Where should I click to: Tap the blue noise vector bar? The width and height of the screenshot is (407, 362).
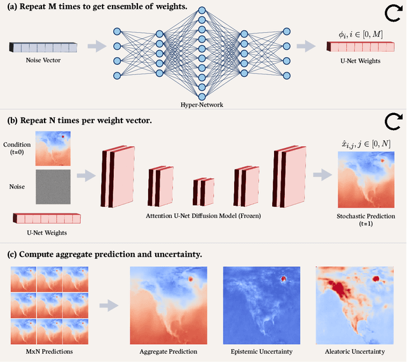coord(43,48)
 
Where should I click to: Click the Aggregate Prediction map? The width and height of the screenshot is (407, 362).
coord(168,305)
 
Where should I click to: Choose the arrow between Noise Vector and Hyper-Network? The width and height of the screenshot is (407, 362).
coord(97,46)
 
